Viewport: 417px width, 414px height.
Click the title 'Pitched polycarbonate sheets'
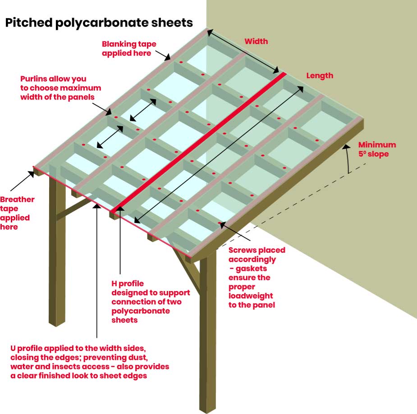(99, 23)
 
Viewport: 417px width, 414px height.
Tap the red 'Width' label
(256, 41)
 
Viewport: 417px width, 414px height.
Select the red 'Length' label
(320, 76)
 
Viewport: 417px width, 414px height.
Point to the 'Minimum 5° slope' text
(377, 150)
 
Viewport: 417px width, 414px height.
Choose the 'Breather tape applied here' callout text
(17, 213)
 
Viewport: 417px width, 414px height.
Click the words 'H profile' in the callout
(128, 283)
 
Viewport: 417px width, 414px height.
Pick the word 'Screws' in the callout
(243, 250)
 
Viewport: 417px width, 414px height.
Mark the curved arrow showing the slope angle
(349, 158)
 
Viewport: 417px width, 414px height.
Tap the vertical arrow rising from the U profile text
(97, 270)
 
